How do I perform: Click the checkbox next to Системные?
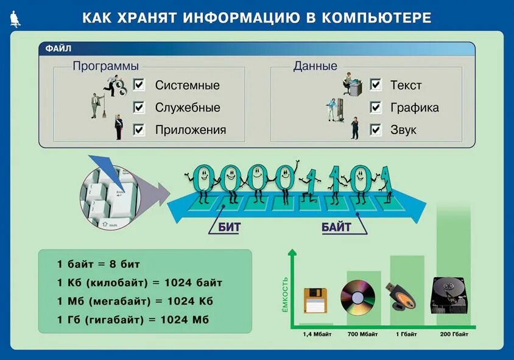click(x=139, y=85)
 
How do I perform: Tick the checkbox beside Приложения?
click(x=139, y=129)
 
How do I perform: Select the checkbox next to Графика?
click(x=375, y=107)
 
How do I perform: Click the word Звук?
click(x=403, y=130)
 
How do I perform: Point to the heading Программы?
click(x=105, y=66)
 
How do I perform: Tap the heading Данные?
click(x=315, y=66)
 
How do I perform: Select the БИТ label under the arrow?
click(x=229, y=228)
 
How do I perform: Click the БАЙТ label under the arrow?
click(x=336, y=228)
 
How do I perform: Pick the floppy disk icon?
click(x=315, y=300)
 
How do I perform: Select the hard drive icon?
click(x=450, y=295)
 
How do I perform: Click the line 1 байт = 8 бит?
click(x=98, y=264)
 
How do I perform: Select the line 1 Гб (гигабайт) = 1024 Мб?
click(x=132, y=319)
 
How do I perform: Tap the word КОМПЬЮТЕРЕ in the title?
click(x=381, y=18)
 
